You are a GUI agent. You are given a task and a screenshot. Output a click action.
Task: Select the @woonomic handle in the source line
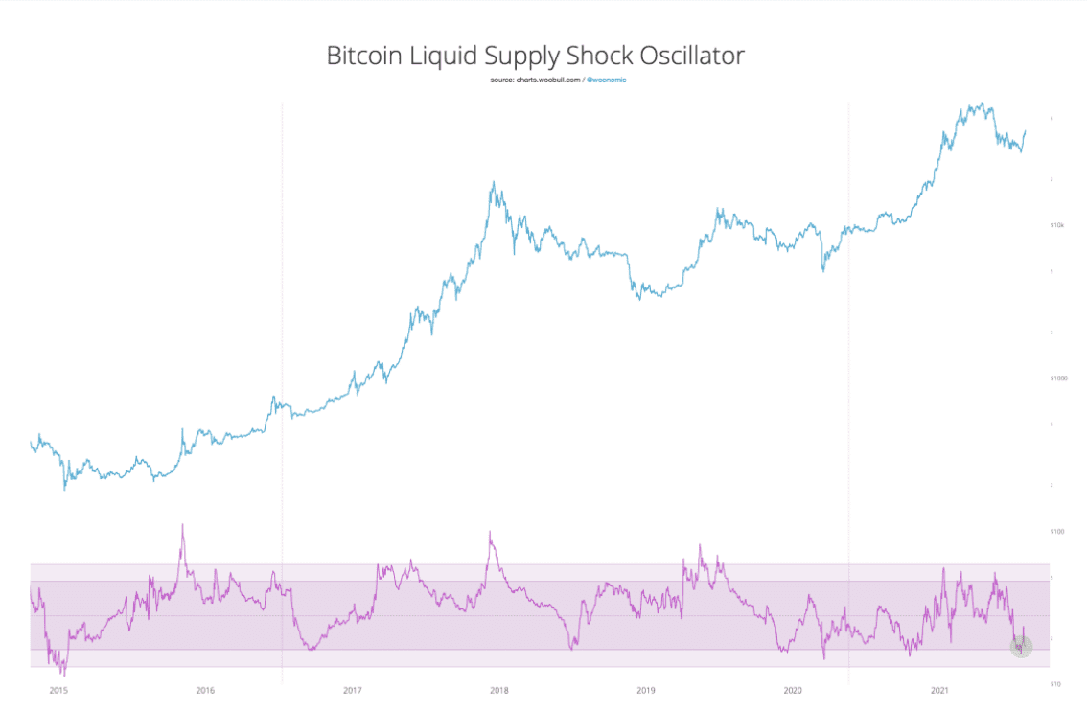coord(606,80)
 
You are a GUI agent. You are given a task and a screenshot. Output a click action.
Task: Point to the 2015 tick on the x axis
coord(58,690)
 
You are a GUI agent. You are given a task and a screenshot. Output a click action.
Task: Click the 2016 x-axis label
coord(204,690)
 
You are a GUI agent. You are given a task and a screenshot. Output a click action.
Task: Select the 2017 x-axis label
coord(352,690)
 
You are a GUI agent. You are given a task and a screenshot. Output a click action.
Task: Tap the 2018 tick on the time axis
coord(498,690)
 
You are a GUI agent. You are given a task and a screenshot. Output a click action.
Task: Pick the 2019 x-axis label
coord(645,690)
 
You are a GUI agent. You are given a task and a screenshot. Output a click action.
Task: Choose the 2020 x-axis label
coord(793,690)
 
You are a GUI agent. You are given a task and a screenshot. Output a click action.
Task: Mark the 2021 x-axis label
coord(939,690)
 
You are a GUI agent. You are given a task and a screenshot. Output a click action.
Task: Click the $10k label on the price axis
coord(1058,225)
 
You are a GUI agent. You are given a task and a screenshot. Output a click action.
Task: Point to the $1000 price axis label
coord(1059,378)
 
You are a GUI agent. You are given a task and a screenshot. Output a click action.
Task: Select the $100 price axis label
coord(1058,531)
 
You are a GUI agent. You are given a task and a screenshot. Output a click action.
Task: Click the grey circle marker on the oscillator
coord(1021,647)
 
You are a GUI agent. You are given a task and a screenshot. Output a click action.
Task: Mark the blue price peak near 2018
coord(493,183)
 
